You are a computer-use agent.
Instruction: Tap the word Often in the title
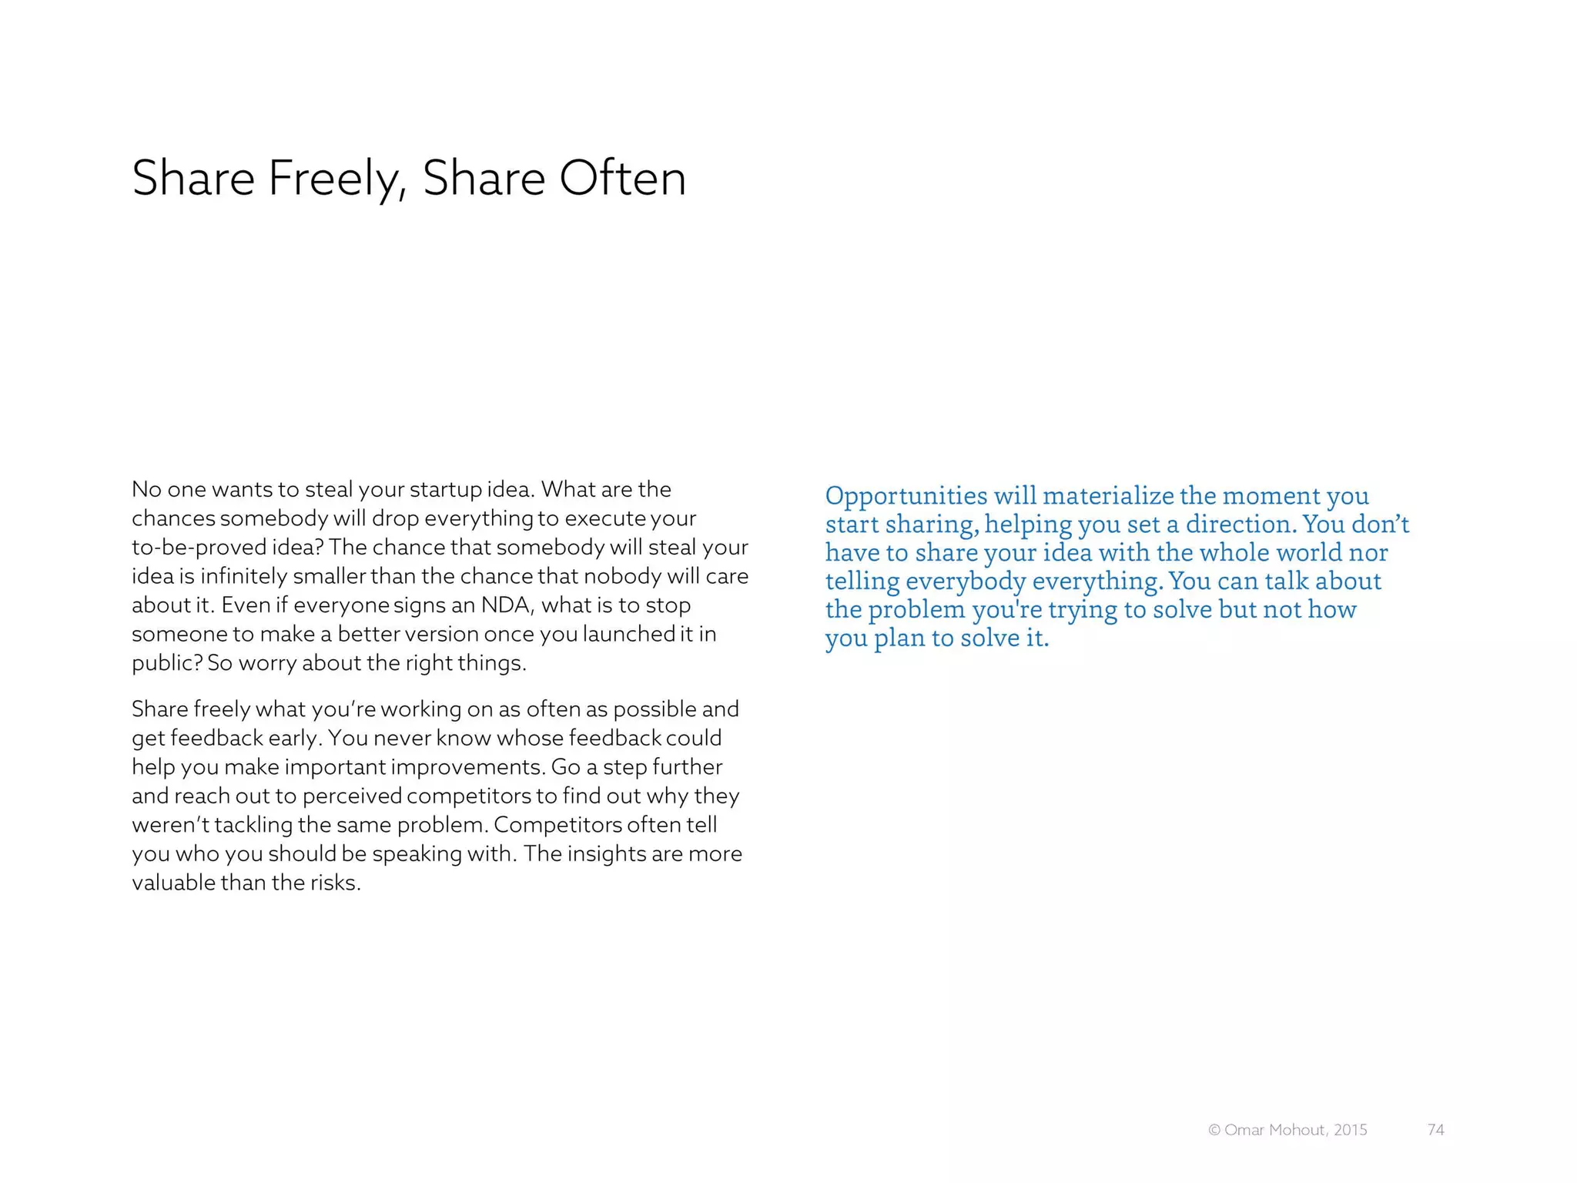622,179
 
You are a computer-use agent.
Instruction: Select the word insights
607,853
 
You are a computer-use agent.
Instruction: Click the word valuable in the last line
174,883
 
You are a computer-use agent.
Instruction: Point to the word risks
335,883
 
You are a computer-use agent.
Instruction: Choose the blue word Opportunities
906,496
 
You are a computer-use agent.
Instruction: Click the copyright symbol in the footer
1214,1130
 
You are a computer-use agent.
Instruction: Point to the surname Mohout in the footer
1297,1130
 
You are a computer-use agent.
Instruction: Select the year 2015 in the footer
1351,1130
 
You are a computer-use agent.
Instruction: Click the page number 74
1435,1130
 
